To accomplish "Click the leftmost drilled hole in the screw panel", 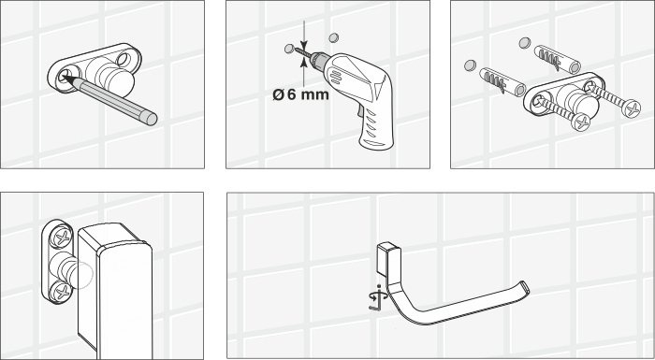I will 466,66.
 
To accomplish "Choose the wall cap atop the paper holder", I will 386,253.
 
